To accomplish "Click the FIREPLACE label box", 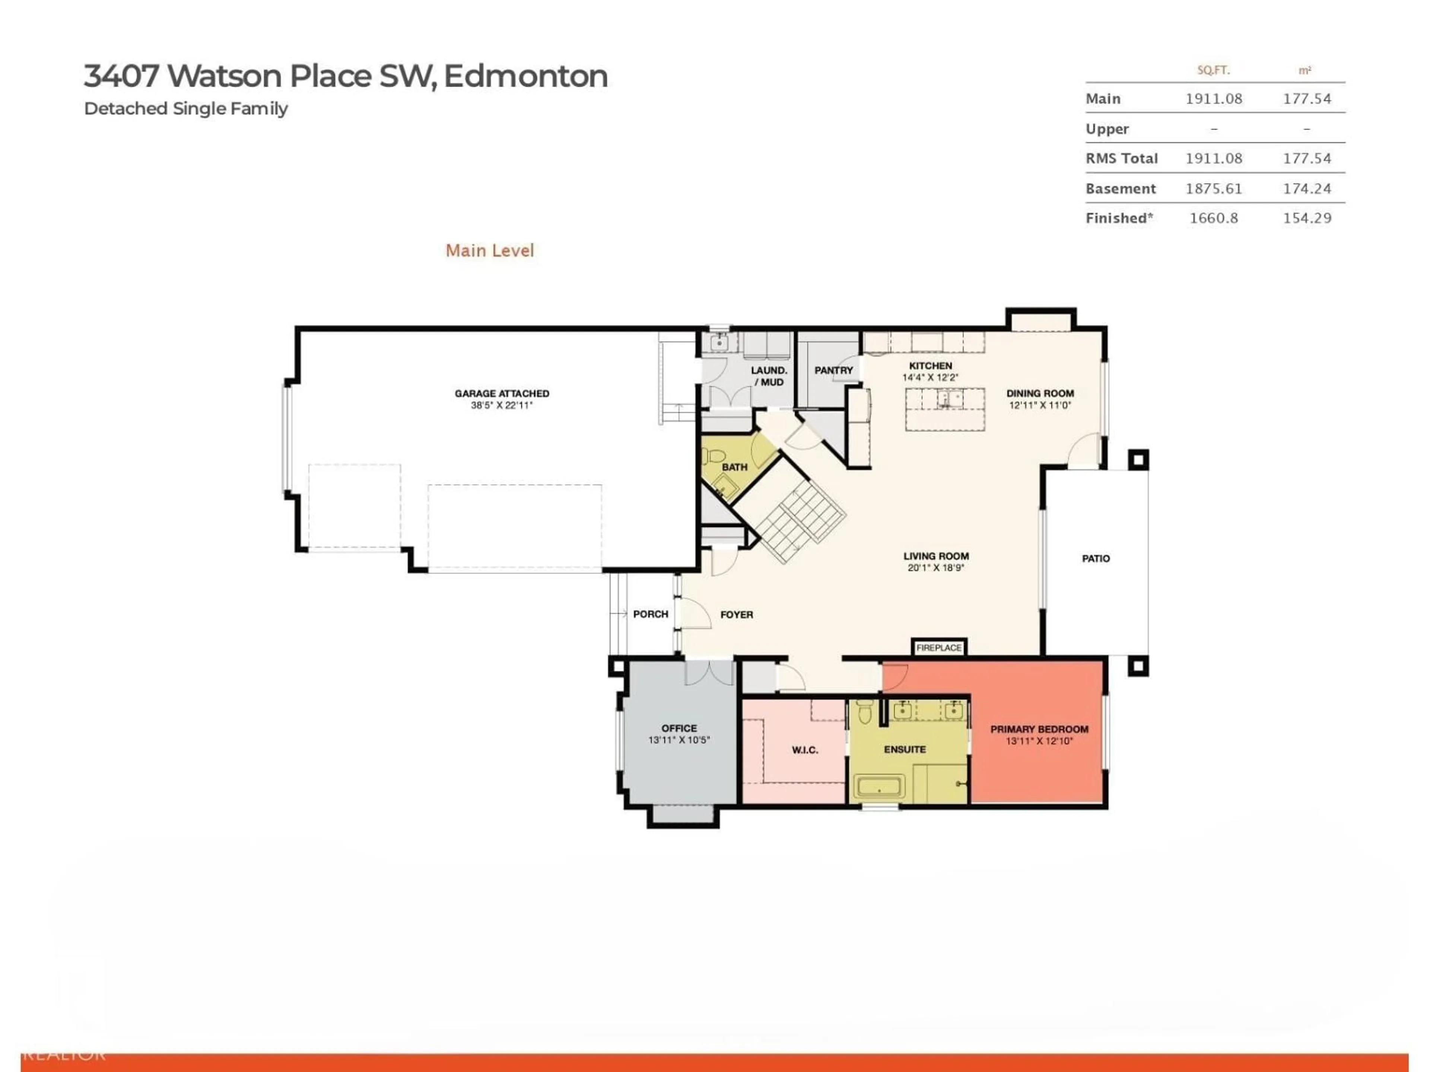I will coord(939,647).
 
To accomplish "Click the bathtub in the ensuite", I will coord(878,787).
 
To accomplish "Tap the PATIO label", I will coord(1095,558).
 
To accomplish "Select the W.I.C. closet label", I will coord(804,750).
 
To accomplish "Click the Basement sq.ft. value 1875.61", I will coord(1213,189).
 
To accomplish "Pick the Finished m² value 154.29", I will coord(1306,218).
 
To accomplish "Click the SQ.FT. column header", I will coord(1213,70).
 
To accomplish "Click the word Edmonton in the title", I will coord(525,76).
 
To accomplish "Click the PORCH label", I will coord(650,614).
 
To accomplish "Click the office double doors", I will coord(709,672).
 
